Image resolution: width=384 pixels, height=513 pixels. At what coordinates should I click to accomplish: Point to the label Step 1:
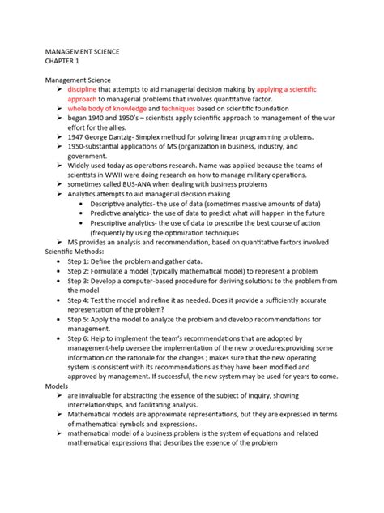point(81,261)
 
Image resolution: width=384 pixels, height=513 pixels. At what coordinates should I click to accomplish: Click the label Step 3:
point(81,280)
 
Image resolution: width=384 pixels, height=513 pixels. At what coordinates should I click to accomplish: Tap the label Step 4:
point(81,300)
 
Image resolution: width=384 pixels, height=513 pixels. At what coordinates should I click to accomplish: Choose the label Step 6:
point(81,337)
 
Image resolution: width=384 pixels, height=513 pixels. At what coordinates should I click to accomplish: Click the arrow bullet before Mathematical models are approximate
point(60,414)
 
